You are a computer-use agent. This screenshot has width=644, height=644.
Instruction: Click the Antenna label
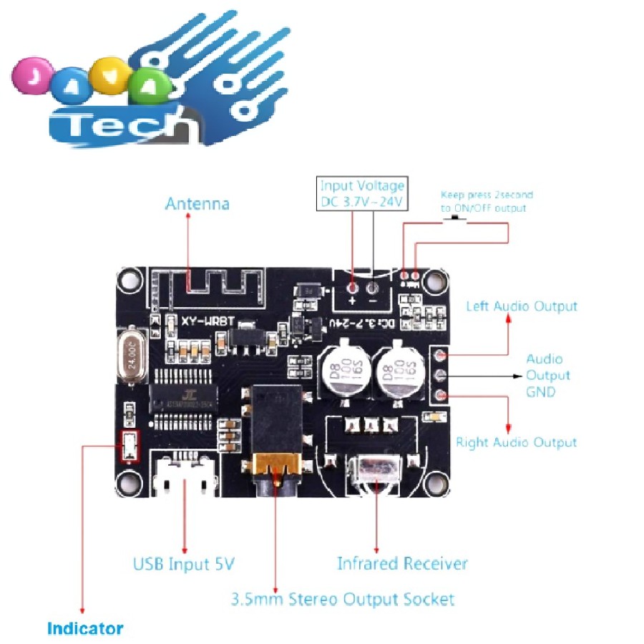(197, 204)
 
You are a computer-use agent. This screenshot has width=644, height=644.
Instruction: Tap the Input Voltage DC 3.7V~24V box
(363, 194)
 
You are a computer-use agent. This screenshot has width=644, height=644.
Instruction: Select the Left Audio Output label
(521, 306)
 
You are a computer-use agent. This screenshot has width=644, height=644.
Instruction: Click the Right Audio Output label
(516, 442)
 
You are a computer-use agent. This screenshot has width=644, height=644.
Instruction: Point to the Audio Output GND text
(547, 376)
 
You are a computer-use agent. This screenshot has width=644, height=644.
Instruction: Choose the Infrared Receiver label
(402, 564)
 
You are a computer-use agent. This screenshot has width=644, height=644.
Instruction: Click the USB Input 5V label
(184, 564)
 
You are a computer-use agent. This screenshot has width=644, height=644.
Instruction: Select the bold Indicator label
(85, 629)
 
